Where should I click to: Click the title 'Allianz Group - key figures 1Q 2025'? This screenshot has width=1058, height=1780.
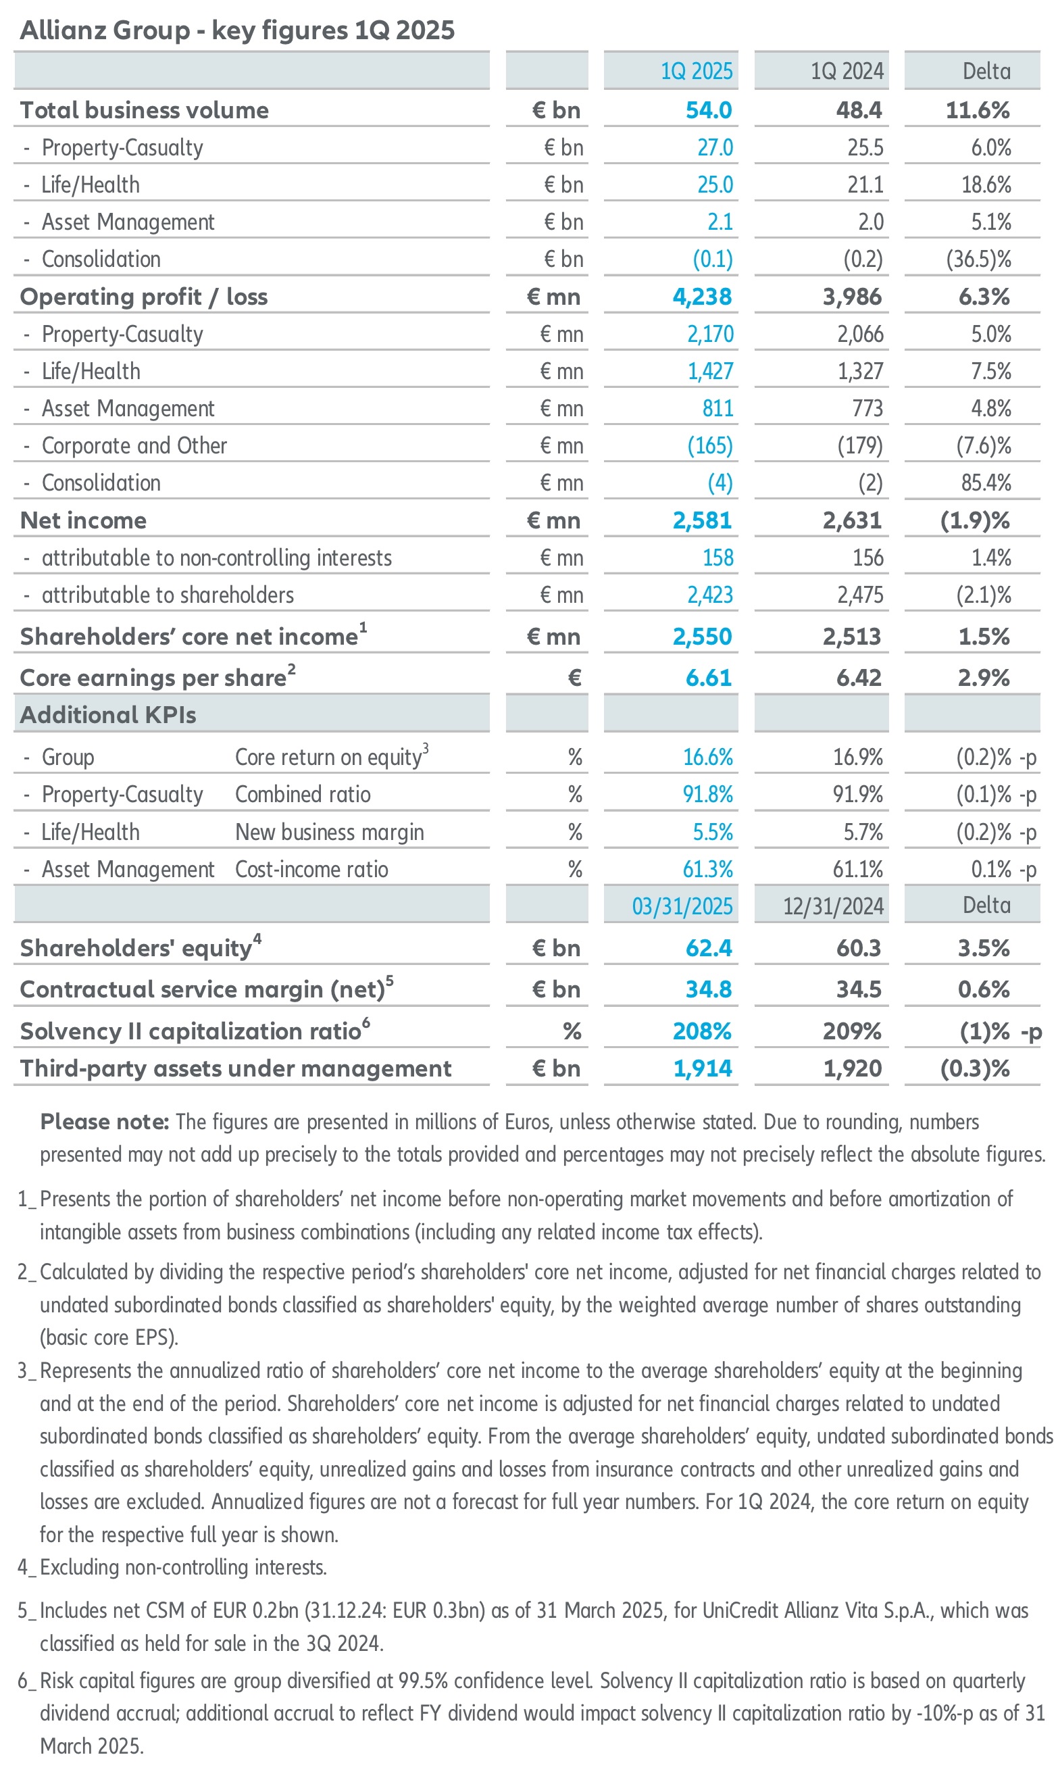coord(236,30)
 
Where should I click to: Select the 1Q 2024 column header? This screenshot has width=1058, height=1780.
coord(847,72)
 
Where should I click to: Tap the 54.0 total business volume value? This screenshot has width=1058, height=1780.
coord(709,111)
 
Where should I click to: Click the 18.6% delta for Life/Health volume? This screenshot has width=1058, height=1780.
coord(986,184)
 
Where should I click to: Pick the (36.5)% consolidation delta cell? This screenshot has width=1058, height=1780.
coord(978,259)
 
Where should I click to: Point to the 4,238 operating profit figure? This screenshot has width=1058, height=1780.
coord(702,297)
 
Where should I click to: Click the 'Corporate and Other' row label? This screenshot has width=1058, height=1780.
coord(134,446)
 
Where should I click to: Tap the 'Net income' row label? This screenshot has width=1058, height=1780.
coord(83,520)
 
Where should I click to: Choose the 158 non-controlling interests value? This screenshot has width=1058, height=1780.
coord(718,558)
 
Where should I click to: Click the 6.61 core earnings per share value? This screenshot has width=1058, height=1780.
coord(709,678)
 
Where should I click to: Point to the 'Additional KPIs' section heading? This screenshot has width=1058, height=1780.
coord(107,714)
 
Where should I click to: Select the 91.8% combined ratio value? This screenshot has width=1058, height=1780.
coord(707,795)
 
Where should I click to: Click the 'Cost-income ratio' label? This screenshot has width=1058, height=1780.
coord(311,869)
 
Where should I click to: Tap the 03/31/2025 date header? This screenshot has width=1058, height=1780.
coord(682,906)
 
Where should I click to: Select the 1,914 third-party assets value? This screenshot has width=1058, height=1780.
coord(703,1068)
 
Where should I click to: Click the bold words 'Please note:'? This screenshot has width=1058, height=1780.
coord(104,1122)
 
